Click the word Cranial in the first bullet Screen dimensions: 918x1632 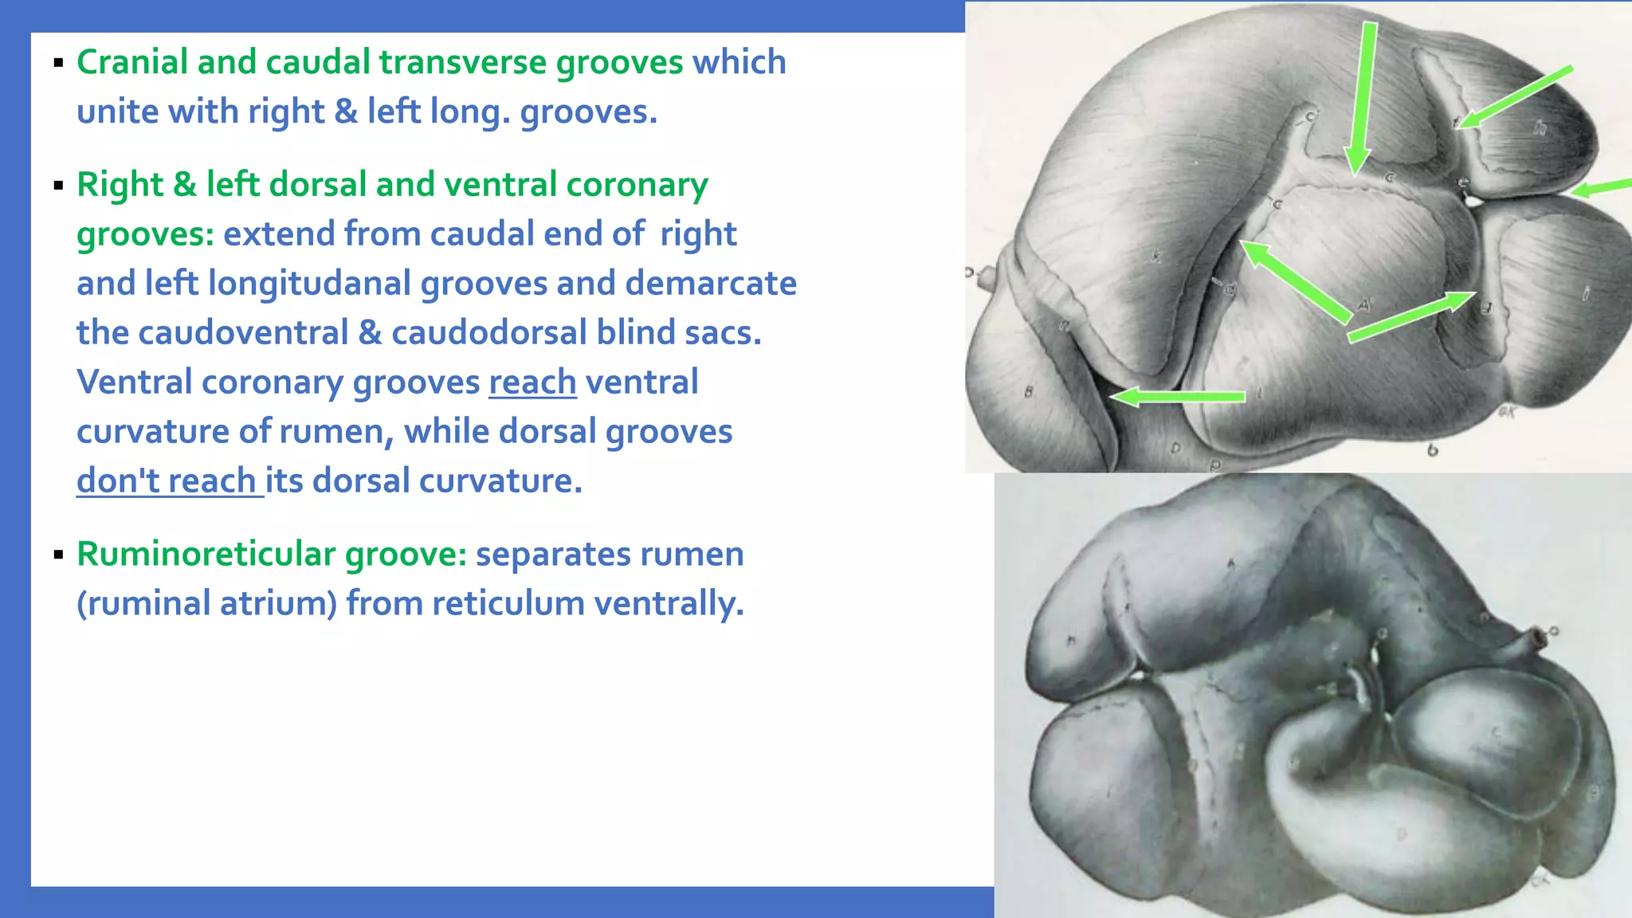[132, 62]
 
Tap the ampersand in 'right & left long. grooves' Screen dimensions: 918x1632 [345, 112]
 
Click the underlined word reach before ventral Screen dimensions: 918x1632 [532, 382]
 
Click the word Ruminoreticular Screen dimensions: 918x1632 [205, 555]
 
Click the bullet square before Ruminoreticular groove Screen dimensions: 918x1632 [58, 555]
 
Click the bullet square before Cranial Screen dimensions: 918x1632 [58, 63]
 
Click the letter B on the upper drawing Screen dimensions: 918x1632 [1028, 392]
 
